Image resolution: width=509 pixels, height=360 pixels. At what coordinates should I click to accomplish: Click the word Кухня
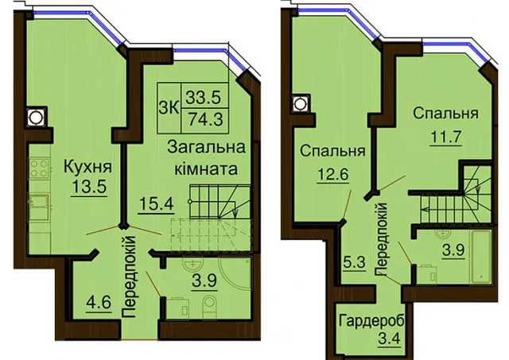(x=88, y=167)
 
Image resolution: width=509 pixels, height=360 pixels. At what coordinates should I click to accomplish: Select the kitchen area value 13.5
(x=89, y=186)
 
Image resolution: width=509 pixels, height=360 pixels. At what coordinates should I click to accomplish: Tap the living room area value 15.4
(x=156, y=204)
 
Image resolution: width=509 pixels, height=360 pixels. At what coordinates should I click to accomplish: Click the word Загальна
(x=206, y=148)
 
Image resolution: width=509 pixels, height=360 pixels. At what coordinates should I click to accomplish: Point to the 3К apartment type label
(x=169, y=108)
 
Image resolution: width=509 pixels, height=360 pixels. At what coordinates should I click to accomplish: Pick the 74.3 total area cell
(x=205, y=119)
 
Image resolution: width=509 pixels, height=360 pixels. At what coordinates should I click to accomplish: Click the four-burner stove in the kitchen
(x=40, y=168)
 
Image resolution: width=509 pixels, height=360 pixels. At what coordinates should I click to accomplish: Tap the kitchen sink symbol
(x=39, y=203)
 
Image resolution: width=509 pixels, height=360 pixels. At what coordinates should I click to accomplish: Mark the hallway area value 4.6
(x=99, y=302)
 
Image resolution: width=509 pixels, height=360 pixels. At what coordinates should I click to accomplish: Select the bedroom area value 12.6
(x=332, y=174)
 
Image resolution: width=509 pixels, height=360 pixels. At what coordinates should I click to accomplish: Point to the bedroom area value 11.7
(x=446, y=137)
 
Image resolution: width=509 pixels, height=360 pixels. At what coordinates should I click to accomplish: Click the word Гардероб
(x=372, y=322)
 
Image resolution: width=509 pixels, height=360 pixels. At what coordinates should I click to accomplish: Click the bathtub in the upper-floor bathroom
(x=481, y=256)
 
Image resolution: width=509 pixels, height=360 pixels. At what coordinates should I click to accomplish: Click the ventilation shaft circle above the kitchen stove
(x=35, y=117)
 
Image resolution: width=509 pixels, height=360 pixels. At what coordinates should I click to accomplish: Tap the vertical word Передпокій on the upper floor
(x=382, y=239)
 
